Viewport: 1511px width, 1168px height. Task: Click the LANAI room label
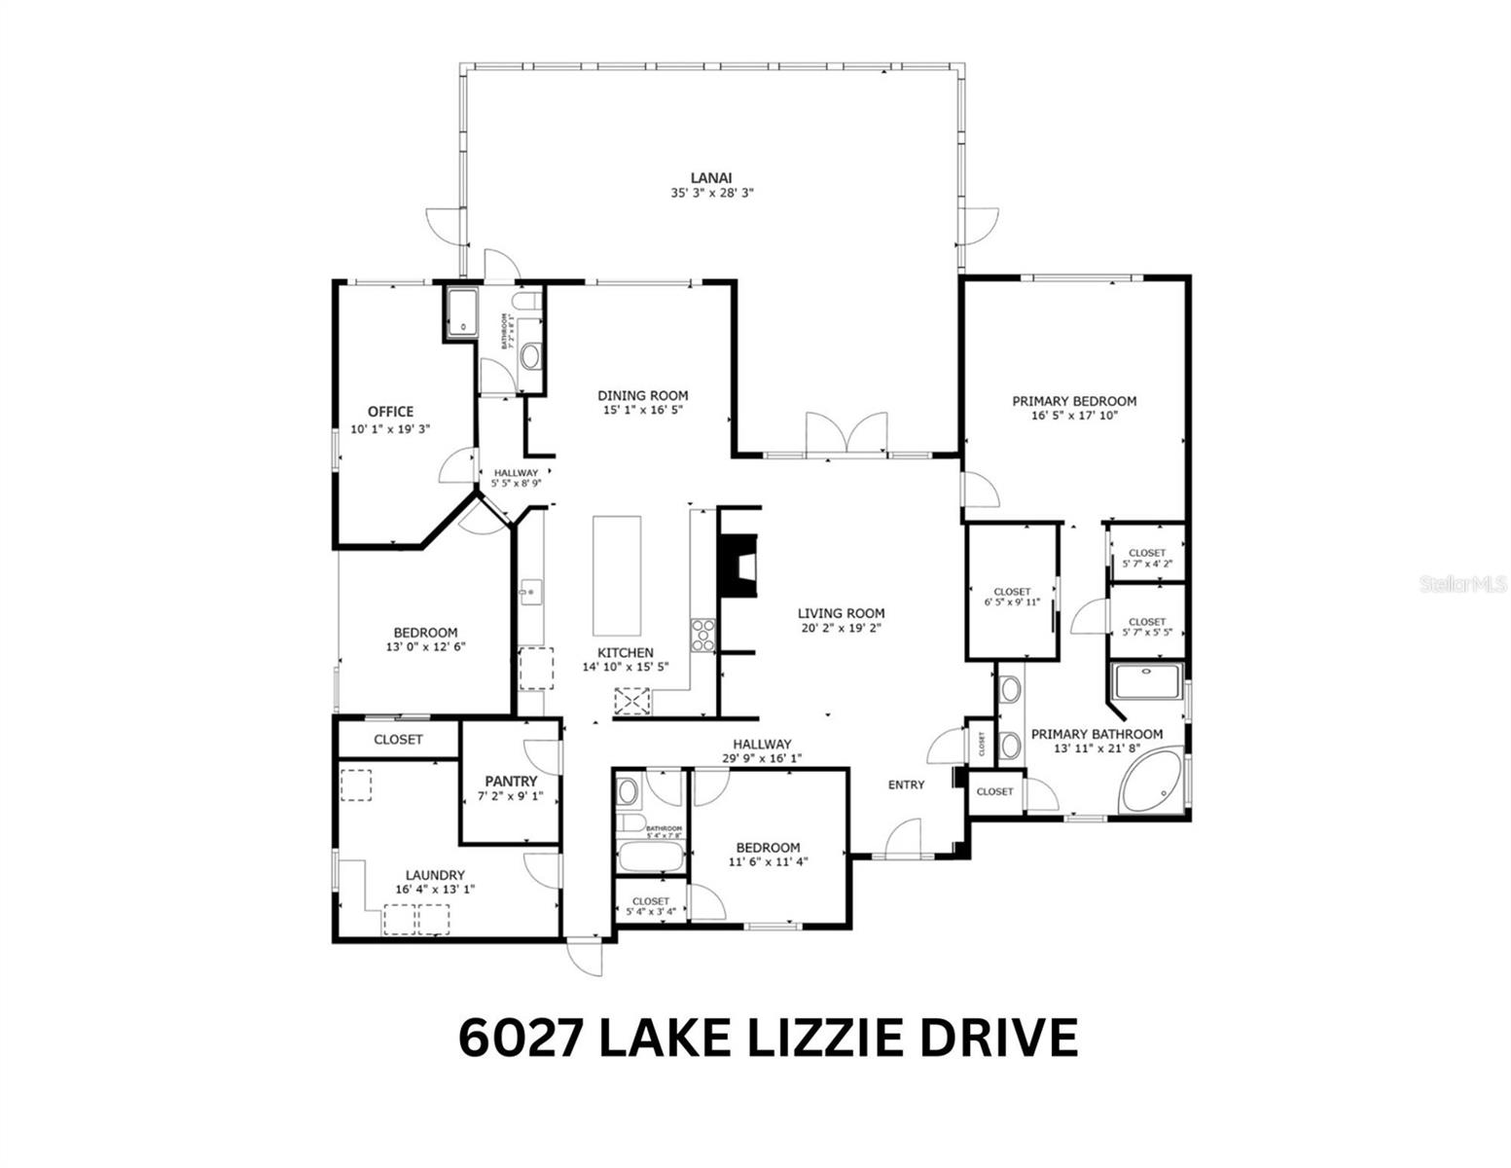point(711,177)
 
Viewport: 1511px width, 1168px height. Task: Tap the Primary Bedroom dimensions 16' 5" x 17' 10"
point(1074,416)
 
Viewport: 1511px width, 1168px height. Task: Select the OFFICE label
point(390,412)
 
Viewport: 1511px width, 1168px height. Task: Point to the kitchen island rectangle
point(617,575)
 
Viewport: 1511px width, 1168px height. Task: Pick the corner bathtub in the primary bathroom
point(1151,778)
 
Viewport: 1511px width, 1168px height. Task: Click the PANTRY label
point(511,782)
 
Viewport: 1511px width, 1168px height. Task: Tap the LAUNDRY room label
point(435,875)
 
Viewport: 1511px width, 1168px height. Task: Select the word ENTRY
point(906,785)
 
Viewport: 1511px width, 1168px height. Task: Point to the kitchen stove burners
point(702,636)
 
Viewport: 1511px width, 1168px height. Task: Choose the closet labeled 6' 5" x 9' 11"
point(1012,597)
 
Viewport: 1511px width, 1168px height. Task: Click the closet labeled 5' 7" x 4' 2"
point(1147,558)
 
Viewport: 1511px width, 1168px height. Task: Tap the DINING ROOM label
point(642,395)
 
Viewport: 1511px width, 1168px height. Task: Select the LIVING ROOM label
point(841,613)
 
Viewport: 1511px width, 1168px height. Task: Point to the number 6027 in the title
point(520,1037)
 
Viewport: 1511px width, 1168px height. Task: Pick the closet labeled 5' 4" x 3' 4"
point(650,906)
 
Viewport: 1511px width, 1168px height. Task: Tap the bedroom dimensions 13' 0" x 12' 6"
point(425,646)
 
